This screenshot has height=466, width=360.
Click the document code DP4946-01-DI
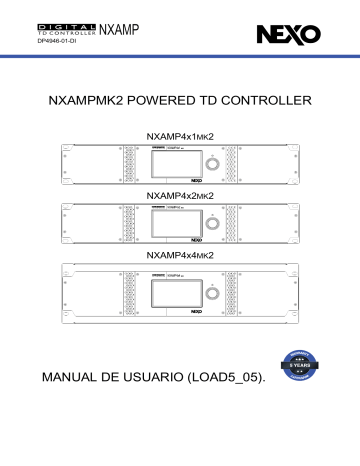(x=59, y=42)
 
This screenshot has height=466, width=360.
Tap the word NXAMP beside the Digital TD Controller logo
(x=120, y=30)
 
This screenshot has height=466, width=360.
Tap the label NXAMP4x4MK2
(x=181, y=256)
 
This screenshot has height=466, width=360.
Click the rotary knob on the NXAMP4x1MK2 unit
(x=210, y=163)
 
